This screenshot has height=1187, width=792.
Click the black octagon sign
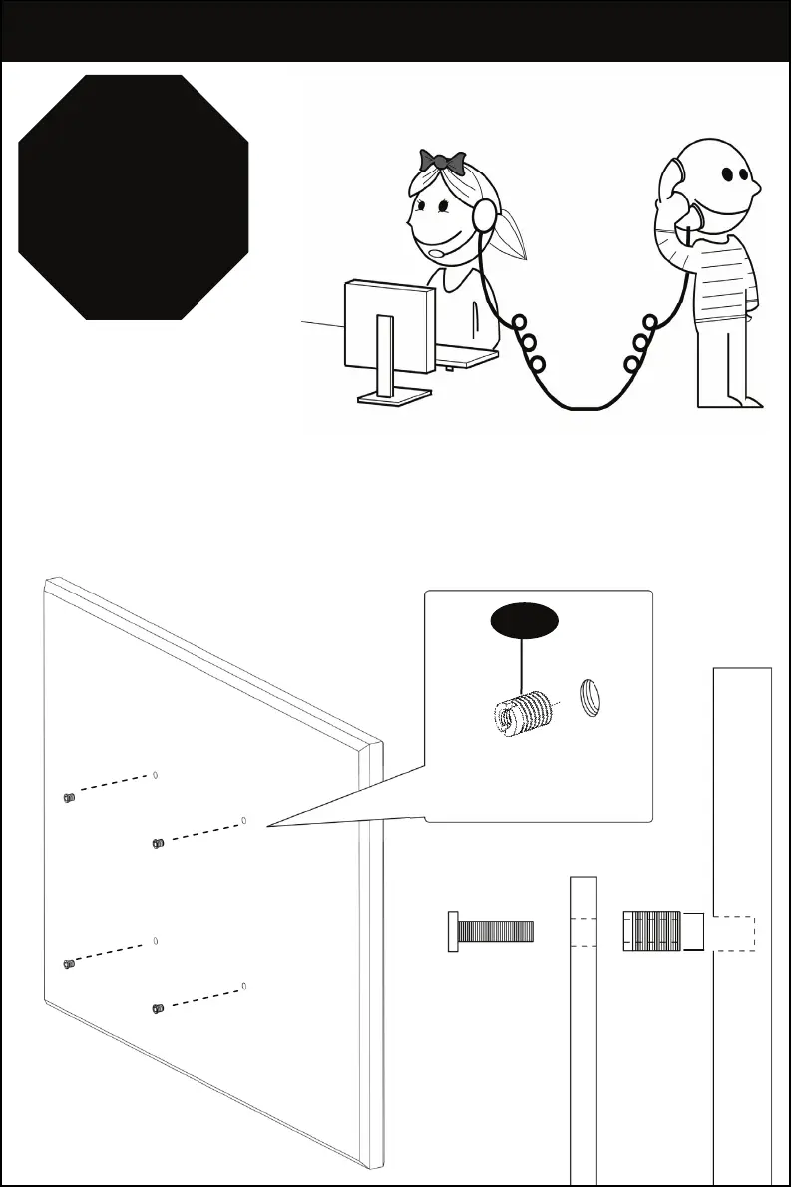[x=134, y=197]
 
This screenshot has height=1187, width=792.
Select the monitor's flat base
[x=395, y=397]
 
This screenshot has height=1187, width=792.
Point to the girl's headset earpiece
[x=485, y=214]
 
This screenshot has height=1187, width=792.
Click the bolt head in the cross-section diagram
[x=453, y=932]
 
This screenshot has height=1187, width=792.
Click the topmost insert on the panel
[x=68, y=797]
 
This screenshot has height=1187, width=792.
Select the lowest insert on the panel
[x=157, y=1008]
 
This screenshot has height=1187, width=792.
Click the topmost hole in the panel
[x=157, y=774]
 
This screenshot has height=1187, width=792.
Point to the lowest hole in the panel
[x=245, y=987]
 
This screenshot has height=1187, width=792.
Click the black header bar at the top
[x=395, y=31]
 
